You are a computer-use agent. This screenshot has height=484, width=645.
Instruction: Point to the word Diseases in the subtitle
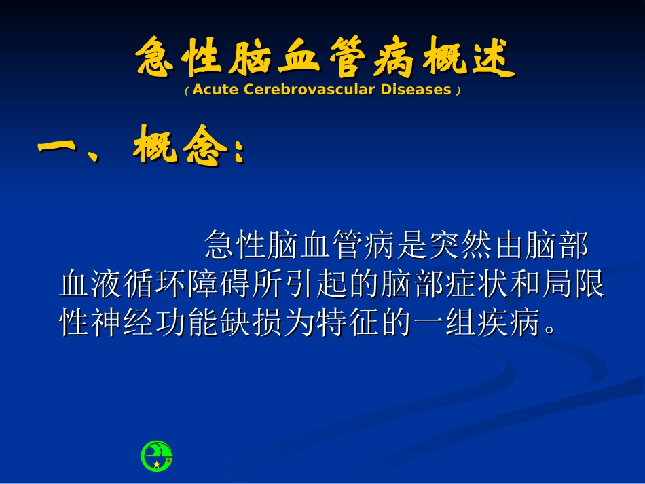tap(416, 90)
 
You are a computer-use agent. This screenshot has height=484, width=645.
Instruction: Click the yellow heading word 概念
tap(178, 145)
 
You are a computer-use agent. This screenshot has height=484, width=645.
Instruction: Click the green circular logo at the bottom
tap(157, 456)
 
